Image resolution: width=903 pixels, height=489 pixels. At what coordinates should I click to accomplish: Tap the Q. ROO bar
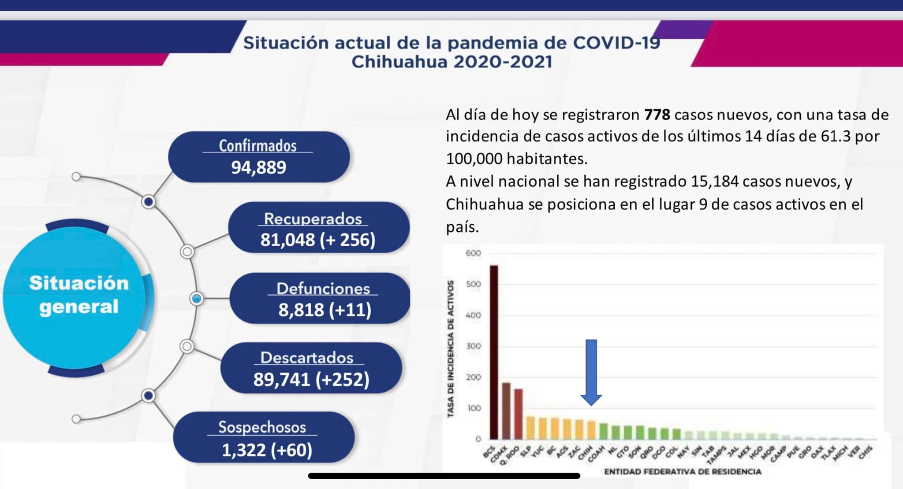coord(518,414)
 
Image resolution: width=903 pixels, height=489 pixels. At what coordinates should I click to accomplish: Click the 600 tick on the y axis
coord(473,253)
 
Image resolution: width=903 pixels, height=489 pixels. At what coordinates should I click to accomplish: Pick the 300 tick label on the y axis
coord(473,346)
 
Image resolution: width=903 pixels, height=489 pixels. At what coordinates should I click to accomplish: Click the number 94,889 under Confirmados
coord(259,167)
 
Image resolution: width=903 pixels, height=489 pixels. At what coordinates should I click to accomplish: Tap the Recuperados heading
coord(313,219)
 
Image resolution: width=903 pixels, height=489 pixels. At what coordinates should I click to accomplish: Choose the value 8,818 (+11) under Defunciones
coord(325,310)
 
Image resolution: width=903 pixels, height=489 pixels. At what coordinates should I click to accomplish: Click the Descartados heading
coord(307,358)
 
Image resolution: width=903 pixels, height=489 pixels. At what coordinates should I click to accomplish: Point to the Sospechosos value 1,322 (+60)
coord(267,450)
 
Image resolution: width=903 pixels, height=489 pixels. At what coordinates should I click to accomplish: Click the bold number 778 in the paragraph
coord(657,115)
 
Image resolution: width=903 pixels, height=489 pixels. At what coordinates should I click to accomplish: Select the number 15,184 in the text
coord(714,182)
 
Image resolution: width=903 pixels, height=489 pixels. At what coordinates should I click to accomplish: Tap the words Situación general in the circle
coord(78,295)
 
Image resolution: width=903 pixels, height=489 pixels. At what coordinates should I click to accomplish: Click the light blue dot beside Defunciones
coord(197,299)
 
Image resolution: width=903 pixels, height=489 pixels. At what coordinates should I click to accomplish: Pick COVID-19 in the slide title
coord(616,43)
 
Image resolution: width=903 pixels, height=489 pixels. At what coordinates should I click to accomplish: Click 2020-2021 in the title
coord(502,62)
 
